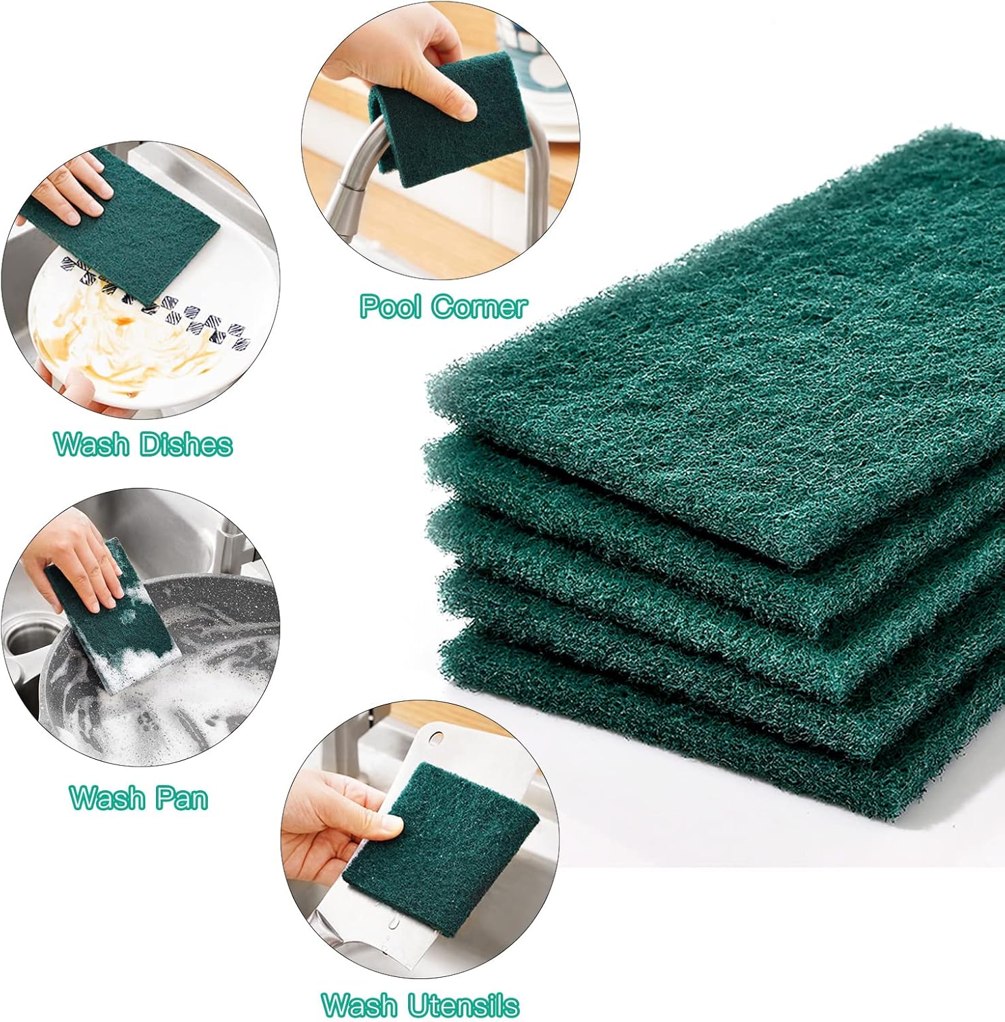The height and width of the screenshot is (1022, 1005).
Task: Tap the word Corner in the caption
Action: click(480, 307)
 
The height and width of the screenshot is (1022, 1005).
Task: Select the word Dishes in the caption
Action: click(186, 444)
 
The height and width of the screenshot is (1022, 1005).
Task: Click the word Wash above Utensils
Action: click(359, 1005)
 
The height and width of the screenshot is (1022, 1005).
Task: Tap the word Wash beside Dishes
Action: click(92, 444)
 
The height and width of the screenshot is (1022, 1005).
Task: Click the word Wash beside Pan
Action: click(108, 797)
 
